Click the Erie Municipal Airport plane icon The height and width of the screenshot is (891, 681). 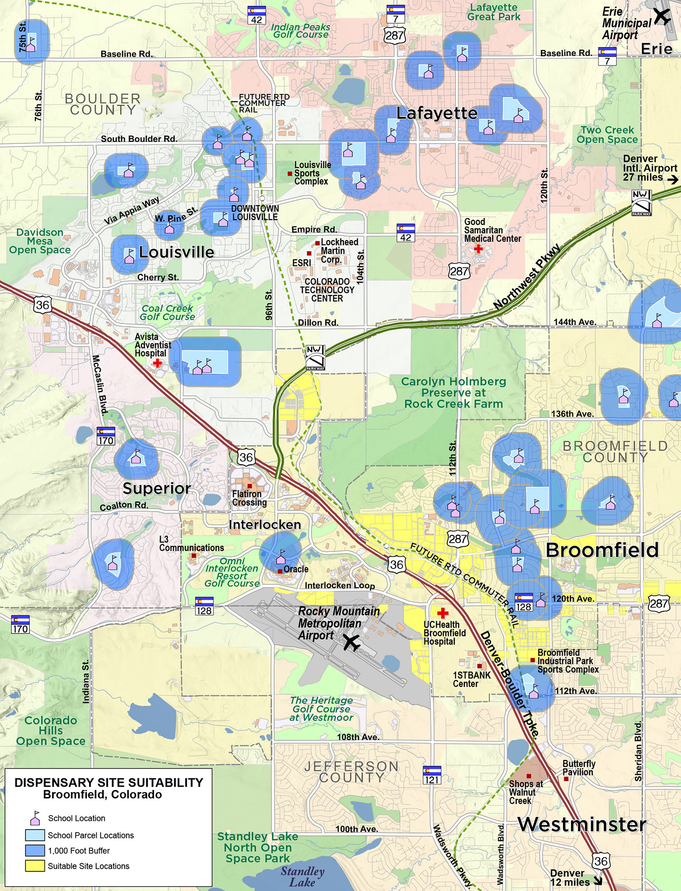pyautogui.click(x=662, y=16)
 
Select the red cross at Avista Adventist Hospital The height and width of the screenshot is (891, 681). pyautogui.click(x=157, y=363)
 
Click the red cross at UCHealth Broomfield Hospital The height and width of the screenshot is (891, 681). pyautogui.click(x=442, y=613)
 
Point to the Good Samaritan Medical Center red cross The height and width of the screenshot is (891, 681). pyautogui.click(x=478, y=249)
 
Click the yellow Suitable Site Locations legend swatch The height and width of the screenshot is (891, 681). pyautogui.click(x=35, y=866)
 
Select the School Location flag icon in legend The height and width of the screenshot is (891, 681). pyautogui.click(x=35, y=818)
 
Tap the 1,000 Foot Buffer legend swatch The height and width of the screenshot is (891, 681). pyautogui.click(x=35, y=850)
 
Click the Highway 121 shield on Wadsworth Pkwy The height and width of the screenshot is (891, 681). pyautogui.click(x=432, y=775)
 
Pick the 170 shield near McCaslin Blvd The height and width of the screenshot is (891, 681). pyautogui.click(x=106, y=436)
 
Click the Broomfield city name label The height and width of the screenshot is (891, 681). pyautogui.click(x=602, y=550)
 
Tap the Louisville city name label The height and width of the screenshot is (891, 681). pyautogui.click(x=176, y=252)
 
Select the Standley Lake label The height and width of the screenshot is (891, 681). pyautogui.click(x=302, y=876)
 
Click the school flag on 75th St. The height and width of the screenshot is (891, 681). pyautogui.click(x=31, y=44)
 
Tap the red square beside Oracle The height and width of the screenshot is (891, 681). pyautogui.click(x=280, y=571)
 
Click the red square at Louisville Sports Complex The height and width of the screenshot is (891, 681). pyautogui.click(x=290, y=173)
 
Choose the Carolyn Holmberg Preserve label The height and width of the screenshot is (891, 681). pyautogui.click(x=453, y=392)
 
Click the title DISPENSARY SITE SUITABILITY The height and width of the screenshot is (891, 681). pyautogui.click(x=109, y=783)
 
